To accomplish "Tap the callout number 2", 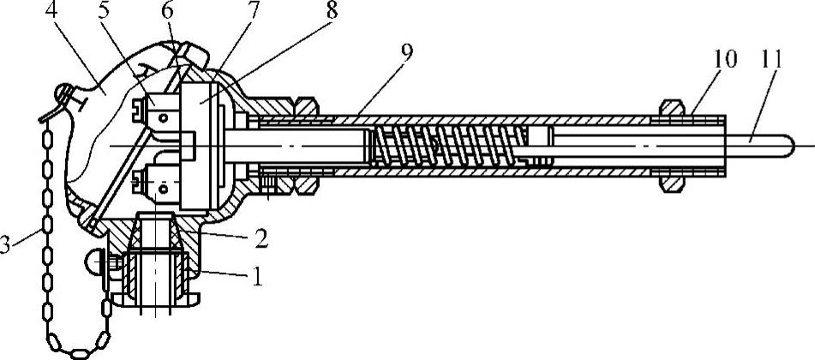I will click(260, 239).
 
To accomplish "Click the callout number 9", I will click(405, 53).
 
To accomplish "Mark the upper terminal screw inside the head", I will click(141, 109).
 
